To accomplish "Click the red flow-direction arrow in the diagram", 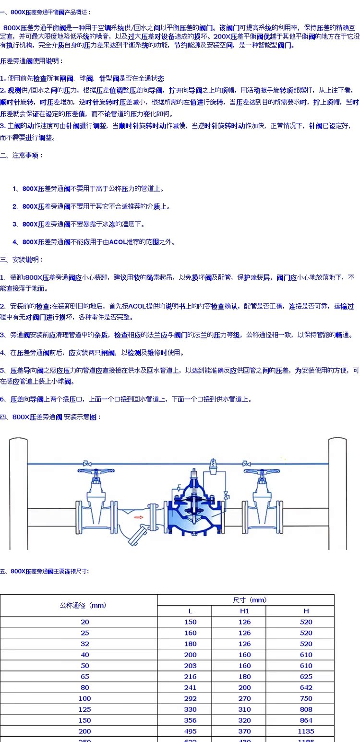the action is pos(139,516).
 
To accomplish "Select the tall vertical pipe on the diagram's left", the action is pos(17,494).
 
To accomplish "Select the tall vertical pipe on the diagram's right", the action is pos(337,494).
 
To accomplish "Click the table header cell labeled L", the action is pos(190,611).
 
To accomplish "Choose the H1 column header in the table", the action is pos(244,611).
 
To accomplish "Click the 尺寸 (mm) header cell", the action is pos(246,600).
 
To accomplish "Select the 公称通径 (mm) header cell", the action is pos(79,605).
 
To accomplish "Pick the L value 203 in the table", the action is pos(190,666).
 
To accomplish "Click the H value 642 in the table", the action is pos(306,688).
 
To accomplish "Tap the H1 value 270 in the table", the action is pos(244,698).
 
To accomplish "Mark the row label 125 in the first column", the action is pos(84,709).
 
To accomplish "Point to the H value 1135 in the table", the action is pos(306,731).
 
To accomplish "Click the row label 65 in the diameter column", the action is pos(84,677).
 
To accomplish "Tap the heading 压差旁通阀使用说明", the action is pos(31,61).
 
